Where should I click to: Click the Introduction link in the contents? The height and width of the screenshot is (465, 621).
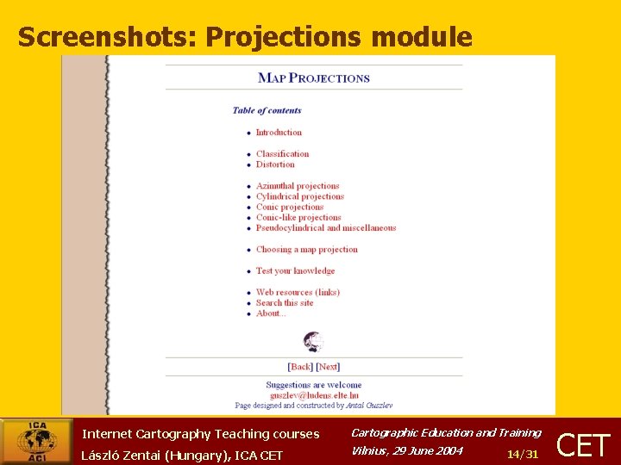(x=279, y=133)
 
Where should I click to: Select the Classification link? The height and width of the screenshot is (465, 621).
(x=282, y=154)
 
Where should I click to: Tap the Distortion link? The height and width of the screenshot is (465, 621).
(x=275, y=164)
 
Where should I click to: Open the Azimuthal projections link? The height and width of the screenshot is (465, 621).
(x=298, y=186)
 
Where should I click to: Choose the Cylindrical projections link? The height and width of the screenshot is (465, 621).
(x=299, y=196)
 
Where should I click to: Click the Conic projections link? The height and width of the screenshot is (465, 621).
(x=290, y=207)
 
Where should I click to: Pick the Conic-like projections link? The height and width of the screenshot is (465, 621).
(x=298, y=218)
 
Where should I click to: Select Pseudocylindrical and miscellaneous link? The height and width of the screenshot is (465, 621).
(x=326, y=228)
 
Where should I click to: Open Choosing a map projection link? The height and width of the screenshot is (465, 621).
(x=306, y=250)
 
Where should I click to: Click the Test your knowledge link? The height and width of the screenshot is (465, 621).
(x=295, y=271)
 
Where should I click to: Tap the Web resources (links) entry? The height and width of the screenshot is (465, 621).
(x=298, y=293)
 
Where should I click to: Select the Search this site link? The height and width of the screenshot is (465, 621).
(x=285, y=303)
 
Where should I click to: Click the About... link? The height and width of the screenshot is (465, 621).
(x=271, y=313)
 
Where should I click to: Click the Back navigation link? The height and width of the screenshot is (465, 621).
(x=300, y=367)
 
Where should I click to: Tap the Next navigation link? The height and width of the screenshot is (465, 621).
(x=329, y=367)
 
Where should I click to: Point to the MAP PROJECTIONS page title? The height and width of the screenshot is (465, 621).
(x=314, y=77)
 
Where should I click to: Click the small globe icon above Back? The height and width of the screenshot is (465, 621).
(x=314, y=342)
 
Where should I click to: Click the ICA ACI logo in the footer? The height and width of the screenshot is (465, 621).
(x=36, y=442)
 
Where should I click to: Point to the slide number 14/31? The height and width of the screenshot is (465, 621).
(x=523, y=454)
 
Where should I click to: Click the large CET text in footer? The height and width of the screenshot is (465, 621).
(x=585, y=445)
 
